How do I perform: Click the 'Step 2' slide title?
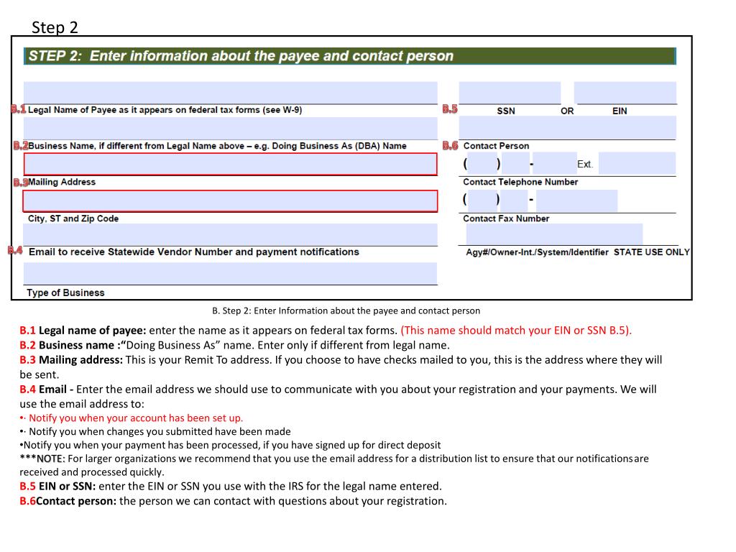(55, 27)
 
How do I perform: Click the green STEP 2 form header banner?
(350, 56)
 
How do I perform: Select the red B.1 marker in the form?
(19, 109)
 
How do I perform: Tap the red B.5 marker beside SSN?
(450, 109)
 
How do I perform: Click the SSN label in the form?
(505, 111)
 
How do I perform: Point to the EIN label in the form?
(620, 111)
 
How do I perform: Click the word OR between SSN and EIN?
(567, 111)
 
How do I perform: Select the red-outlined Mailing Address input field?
(230, 164)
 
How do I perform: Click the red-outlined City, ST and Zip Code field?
(230, 201)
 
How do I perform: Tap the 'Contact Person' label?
(496, 146)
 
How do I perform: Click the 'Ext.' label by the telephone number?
(585, 165)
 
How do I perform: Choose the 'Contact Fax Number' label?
(506, 218)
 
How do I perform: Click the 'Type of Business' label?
(65, 293)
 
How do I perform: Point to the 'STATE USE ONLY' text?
(651, 252)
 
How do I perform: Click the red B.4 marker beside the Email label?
(16, 251)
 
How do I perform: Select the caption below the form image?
(346, 310)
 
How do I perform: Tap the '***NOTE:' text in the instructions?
(42, 459)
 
